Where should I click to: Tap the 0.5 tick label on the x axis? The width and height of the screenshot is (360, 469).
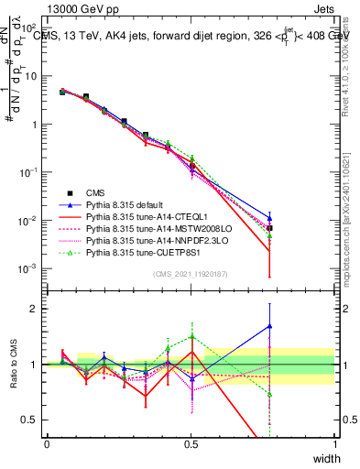click(x=191, y=443)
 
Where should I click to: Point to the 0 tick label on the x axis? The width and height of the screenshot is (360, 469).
click(x=48, y=443)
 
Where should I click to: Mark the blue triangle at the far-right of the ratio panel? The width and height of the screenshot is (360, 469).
click(x=269, y=325)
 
